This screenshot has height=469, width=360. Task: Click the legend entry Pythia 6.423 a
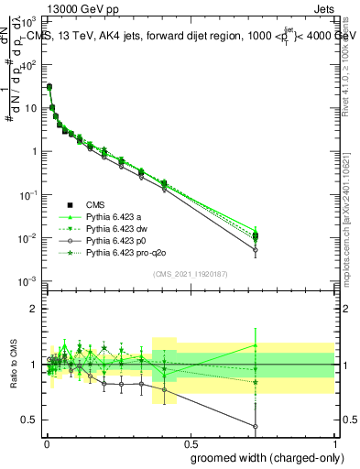click(x=117, y=216)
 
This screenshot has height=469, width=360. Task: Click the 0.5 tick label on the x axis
click(x=191, y=444)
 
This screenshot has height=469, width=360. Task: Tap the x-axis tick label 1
click(x=333, y=444)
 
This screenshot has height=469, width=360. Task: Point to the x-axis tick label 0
click(x=47, y=444)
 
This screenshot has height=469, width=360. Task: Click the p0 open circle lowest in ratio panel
click(x=255, y=426)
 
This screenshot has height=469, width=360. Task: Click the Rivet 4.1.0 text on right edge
click(x=352, y=55)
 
